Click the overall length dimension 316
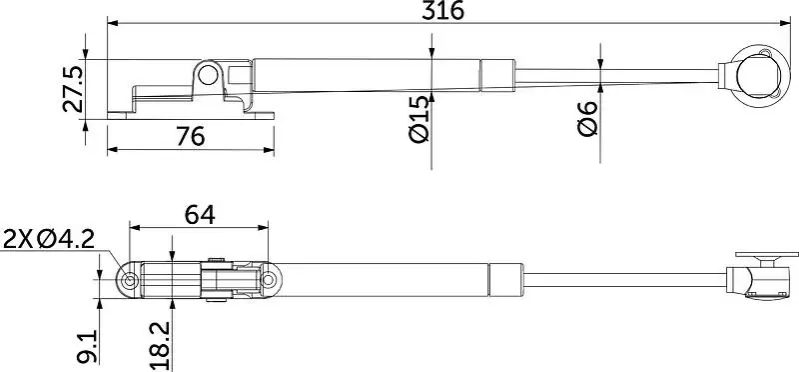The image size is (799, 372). [x=442, y=10]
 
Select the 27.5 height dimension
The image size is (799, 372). [x=72, y=89]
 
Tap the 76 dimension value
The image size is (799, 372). [x=191, y=136]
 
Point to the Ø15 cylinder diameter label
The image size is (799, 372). [x=419, y=119]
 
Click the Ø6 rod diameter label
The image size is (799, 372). [x=587, y=119]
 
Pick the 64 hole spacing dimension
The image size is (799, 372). [x=200, y=215]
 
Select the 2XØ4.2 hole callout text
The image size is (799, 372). [x=49, y=239]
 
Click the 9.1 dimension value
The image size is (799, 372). [x=87, y=346]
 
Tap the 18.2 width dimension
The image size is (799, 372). [x=160, y=346]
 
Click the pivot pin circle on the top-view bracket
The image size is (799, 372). [x=208, y=75]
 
